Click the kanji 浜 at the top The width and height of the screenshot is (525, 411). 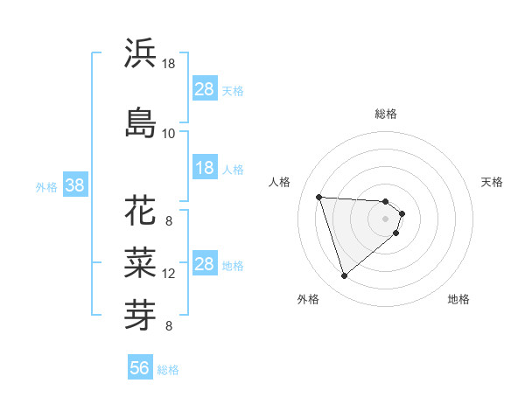point(140,53)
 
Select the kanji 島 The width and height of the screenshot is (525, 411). point(140,122)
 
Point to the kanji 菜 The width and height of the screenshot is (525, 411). point(140,261)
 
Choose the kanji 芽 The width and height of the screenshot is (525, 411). point(140,311)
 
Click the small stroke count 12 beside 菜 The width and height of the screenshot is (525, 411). point(169,274)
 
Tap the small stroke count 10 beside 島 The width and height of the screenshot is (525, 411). point(168,133)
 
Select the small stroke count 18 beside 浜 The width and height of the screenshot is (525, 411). point(168,64)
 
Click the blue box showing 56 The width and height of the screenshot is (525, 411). point(140,368)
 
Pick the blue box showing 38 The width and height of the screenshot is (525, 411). point(74,185)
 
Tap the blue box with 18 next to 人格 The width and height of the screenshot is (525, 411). point(205,168)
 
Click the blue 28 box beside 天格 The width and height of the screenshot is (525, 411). point(205,89)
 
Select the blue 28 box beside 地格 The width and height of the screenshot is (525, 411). point(205,264)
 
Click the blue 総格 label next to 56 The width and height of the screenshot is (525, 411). point(168,370)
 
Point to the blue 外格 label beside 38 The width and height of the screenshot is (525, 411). point(46,186)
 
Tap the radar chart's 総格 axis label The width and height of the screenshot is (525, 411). point(386,114)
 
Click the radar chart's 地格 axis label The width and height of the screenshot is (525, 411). point(458,299)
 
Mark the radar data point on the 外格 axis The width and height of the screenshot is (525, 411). point(344,276)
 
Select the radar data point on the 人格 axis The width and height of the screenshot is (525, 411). point(319,197)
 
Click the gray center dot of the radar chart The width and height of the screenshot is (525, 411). point(386,219)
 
